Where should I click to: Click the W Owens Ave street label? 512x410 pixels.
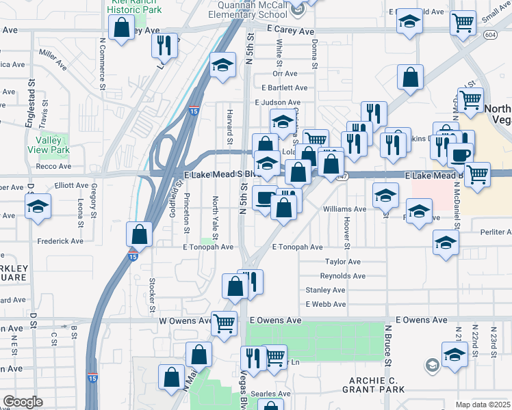pos(186,320)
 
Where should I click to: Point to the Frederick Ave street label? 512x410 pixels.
pos(60,241)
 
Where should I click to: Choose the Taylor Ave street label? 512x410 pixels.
pos(342,262)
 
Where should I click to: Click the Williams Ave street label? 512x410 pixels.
pos(345,209)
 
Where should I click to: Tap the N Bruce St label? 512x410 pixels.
pos(387,348)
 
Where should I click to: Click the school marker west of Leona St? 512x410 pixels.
pos(38,205)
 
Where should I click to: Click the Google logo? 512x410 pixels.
pos(23,402)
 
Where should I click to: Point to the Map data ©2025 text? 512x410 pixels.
pos(482,405)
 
